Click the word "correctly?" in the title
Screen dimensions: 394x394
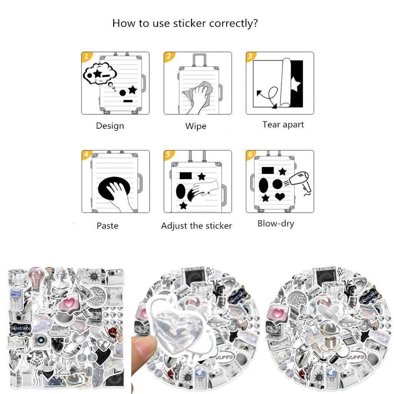[233, 23]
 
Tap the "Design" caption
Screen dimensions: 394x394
[110, 126]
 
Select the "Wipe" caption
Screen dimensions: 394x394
[195, 126]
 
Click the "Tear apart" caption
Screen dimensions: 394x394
[283, 125]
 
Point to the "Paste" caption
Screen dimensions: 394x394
[107, 225]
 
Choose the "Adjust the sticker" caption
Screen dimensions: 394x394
[196, 226]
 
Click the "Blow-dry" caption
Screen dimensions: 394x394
[275, 224]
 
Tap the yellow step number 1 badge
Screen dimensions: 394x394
[86, 57]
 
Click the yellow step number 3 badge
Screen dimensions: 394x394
[250, 57]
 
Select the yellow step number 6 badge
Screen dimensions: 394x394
[250, 155]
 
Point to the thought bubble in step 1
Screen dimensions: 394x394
[100, 73]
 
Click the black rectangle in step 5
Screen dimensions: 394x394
[185, 176]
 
